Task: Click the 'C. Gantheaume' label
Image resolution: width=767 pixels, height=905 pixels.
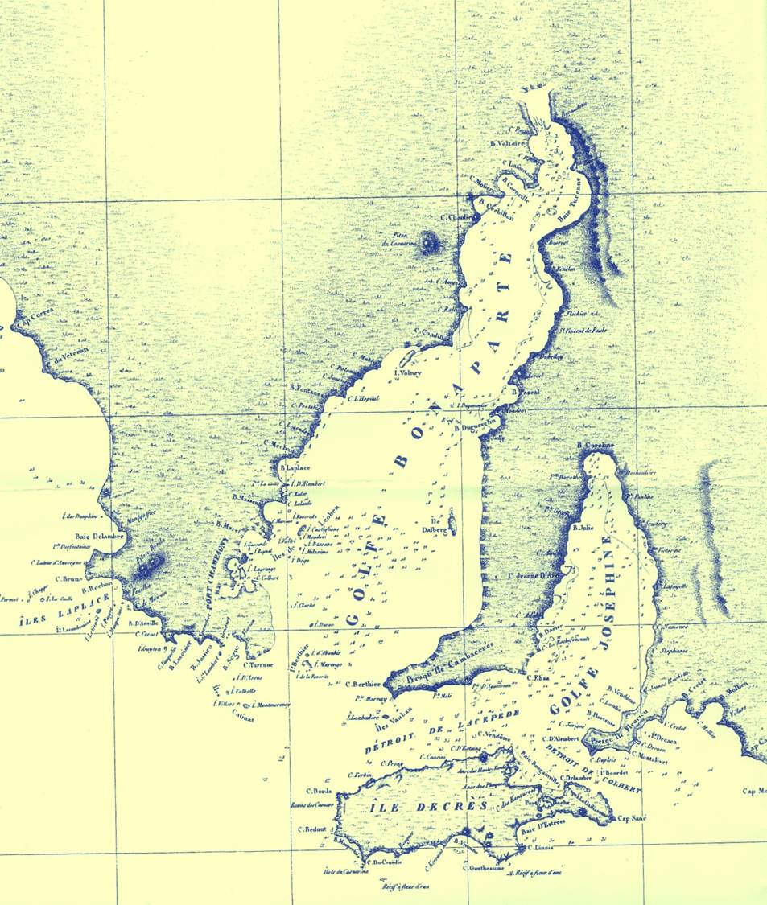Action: point(487,868)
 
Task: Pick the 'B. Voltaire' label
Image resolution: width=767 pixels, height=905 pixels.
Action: point(507,143)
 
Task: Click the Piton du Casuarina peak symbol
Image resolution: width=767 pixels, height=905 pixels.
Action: point(427,243)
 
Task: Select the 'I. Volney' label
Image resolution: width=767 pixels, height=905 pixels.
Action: point(409,372)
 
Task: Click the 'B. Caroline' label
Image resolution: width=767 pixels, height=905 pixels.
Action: point(596,446)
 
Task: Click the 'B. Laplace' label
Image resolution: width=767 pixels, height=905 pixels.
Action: point(295,467)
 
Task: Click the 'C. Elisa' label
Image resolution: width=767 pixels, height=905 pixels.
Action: point(538,678)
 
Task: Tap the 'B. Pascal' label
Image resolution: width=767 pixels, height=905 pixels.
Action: point(526,392)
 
